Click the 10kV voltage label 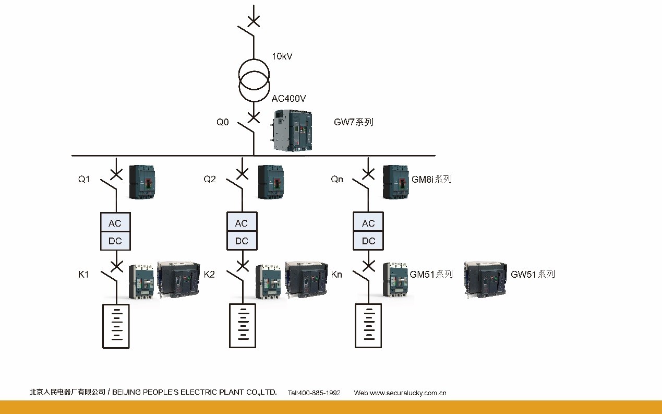(x=282, y=56)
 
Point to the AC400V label (x=288, y=98)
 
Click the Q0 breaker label (x=223, y=122)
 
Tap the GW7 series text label (x=353, y=122)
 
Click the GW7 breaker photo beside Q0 (x=293, y=131)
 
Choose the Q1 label (x=84, y=179)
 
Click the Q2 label (x=210, y=179)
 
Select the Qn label (x=337, y=179)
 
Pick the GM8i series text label (x=431, y=179)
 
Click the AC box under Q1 (x=115, y=223)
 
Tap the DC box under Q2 (x=242, y=241)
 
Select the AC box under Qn (x=368, y=223)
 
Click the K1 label (x=83, y=274)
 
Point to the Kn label (x=336, y=274)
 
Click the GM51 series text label (x=431, y=274)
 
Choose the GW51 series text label (x=532, y=274)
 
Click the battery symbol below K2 (x=243, y=326)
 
